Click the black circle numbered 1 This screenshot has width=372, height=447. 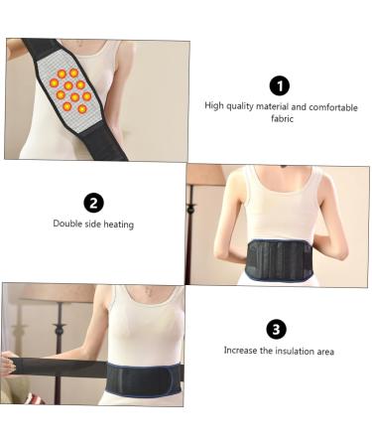pyautogui.click(x=281, y=86)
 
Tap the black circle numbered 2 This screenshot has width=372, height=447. pyautogui.click(x=94, y=204)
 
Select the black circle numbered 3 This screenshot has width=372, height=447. pyautogui.click(x=278, y=330)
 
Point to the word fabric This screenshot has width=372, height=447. pyautogui.click(x=281, y=118)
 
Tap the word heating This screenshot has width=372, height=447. pyautogui.click(x=118, y=224)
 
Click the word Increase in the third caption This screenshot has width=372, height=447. pyautogui.click(x=241, y=351)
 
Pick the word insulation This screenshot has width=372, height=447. pyautogui.click(x=294, y=351)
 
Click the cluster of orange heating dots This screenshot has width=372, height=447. pyautogui.click(x=71, y=90)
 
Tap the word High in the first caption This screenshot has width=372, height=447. pyautogui.click(x=213, y=106)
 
